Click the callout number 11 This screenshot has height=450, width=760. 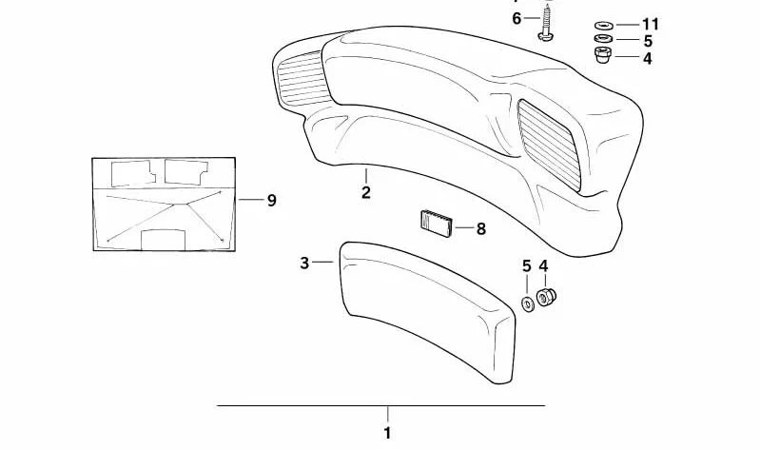tap(651, 24)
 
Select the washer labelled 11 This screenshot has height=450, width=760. tap(603, 25)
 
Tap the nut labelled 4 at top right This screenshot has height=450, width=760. tap(603, 55)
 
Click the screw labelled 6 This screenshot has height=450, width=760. tap(547, 22)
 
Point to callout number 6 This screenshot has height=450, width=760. tap(516, 19)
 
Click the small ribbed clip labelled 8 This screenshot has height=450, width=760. tap(436, 224)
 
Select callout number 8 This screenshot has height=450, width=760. tap(480, 228)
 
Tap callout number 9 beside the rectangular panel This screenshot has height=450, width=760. tap(271, 200)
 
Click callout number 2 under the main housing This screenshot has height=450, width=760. tap(366, 192)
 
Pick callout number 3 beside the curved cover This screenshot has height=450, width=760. tap(303, 263)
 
